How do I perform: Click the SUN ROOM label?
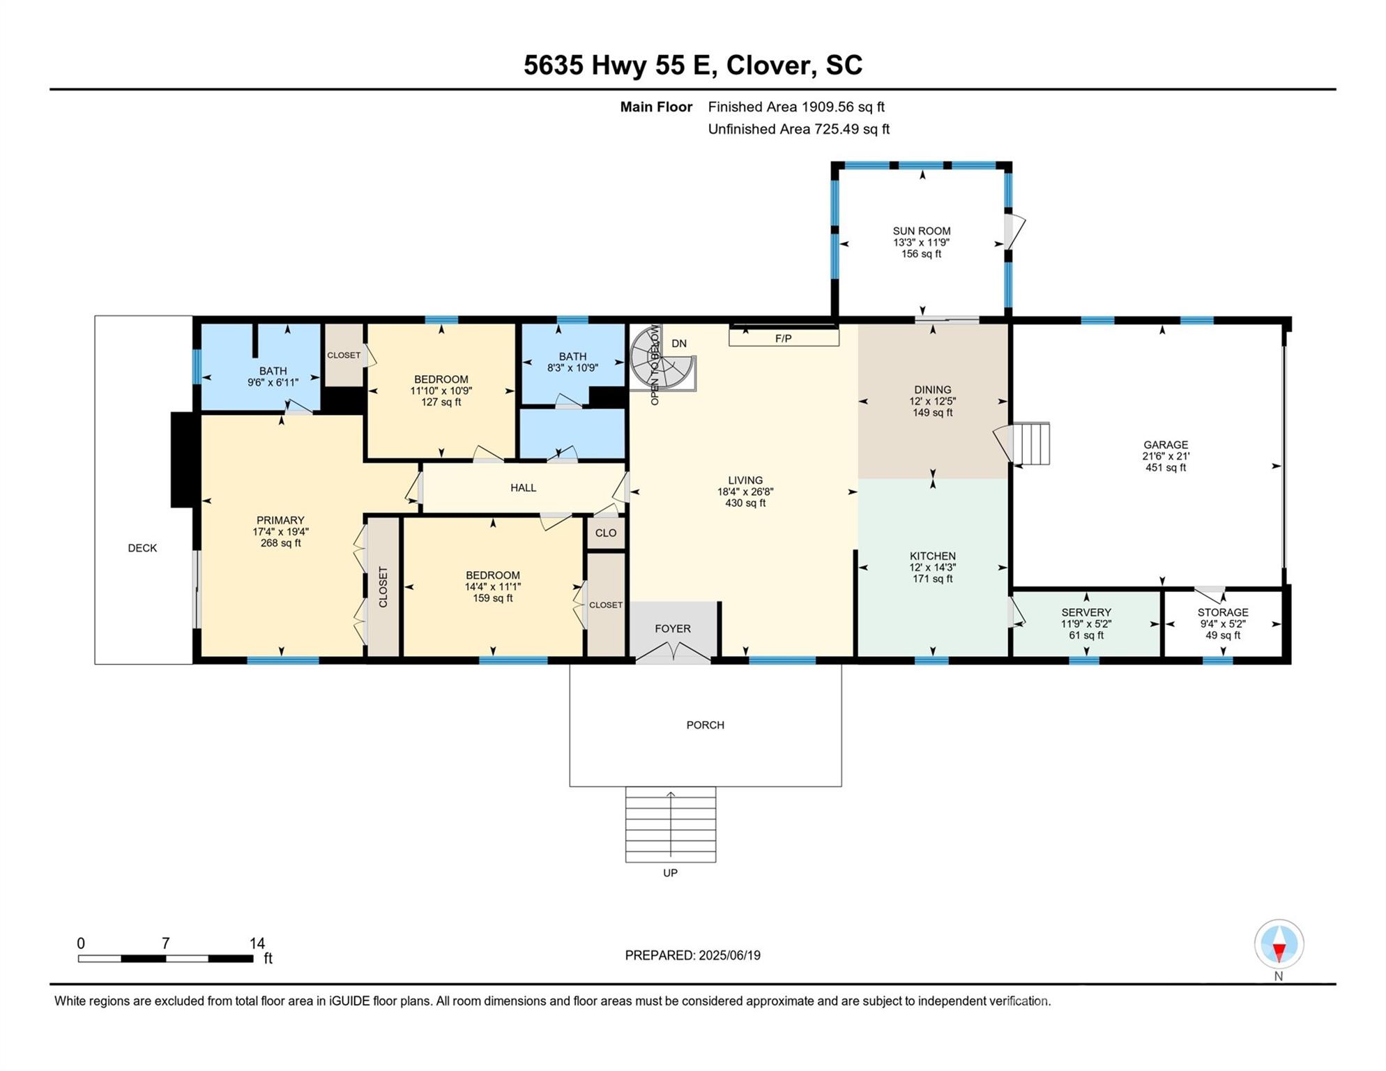coord(921,231)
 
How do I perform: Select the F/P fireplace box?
coord(784,338)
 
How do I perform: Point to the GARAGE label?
coord(1165,445)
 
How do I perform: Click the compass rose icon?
coord(1279,944)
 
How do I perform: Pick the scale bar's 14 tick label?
coord(257,943)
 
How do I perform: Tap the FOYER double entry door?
coord(672,653)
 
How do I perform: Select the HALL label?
coord(523,488)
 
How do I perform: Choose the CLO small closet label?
coord(606,533)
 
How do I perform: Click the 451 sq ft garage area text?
coord(1166,468)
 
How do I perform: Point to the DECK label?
coord(142,548)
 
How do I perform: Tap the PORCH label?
coord(706,725)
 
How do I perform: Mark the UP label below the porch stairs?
coord(670,873)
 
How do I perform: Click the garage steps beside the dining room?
coord(1031,443)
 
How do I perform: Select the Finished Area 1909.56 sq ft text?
coord(796,107)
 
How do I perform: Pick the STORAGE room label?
coord(1223,612)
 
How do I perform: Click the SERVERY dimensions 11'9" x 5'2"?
coord(1086,624)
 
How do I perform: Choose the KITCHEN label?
coord(932,556)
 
